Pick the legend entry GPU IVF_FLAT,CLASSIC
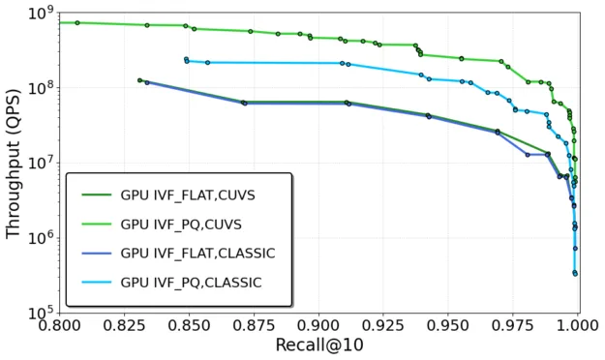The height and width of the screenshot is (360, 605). [197, 253]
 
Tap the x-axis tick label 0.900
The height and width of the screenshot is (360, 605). [319, 328]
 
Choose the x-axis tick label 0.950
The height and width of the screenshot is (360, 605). [449, 328]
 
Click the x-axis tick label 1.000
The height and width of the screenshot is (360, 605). [578, 328]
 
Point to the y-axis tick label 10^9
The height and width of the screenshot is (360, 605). [40, 14]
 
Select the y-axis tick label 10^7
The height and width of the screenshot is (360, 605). [40, 163]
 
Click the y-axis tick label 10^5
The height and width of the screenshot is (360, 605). [40, 313]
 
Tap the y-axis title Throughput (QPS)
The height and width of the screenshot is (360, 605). [14, 162]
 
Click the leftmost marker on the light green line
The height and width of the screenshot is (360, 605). [77, 22]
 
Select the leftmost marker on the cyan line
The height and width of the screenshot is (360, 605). [187, 59]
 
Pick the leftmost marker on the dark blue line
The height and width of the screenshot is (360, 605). [140, 80]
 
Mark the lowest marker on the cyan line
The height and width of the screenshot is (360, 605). [575, 274]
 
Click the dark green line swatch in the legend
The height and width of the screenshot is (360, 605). [93, 194]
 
